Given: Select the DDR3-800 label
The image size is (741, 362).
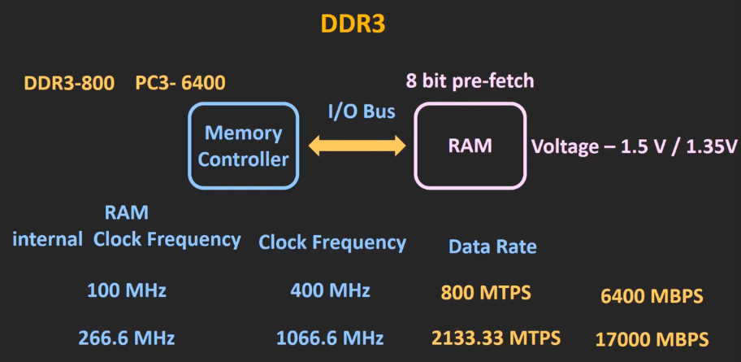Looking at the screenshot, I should pyautogui.click(x=69, y=83).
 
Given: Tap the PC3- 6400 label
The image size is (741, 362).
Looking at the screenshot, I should pyautogui.click(x=180, y=83).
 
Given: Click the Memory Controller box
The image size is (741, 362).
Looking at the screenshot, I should pyautogui.click(x=243, y=146).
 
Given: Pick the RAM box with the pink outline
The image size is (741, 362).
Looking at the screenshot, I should pyautogui.click(x=470, y=146).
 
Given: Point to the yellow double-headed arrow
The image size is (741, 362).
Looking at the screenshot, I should pyautogui.click(x=357, y=146).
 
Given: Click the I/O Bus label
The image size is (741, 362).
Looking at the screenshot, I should pyautogui.click(x=362, y=111).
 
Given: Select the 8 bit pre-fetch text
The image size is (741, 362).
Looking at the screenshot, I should pyautogui.click(x=470, y=81).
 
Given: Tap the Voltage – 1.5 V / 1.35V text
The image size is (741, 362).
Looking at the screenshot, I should pyautogui.click(x=634, y=147).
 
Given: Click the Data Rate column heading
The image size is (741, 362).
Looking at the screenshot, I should pyautogui.click(x=492, y=246).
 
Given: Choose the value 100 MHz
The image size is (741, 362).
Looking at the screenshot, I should pyautogui.click(x=127, y=290).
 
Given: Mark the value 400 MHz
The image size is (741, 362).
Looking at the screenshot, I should pyautogui.click(x=330, y=290).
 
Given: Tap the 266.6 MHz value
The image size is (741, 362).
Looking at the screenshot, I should pyautogui.click(x=127, y=338).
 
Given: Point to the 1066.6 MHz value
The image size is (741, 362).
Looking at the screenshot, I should pyautogui.click(x=330, y=338).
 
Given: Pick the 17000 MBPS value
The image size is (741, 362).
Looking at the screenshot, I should pyautogui.click(x=651, y=339).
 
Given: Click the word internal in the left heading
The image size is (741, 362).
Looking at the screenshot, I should pyautogui.click(x=47, y=239).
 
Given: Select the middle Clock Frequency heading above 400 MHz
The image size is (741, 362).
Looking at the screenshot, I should pyautogui.click(x=332, y=242).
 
